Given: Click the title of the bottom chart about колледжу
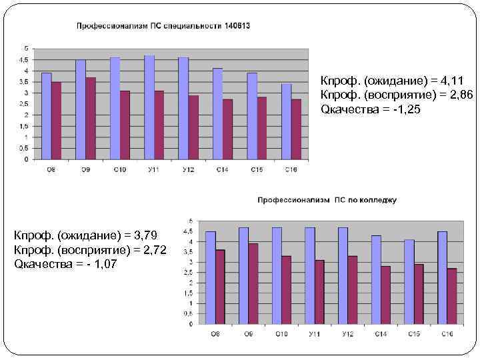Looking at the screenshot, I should (x=327, y=199).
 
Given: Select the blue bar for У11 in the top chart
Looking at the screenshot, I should (x=149, y=107).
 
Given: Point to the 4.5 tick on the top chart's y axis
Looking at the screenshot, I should (x=25, y=60).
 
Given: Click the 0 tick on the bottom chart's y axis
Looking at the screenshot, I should (x=191, y=324).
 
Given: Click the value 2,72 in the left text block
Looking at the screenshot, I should (x=154, y=250).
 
